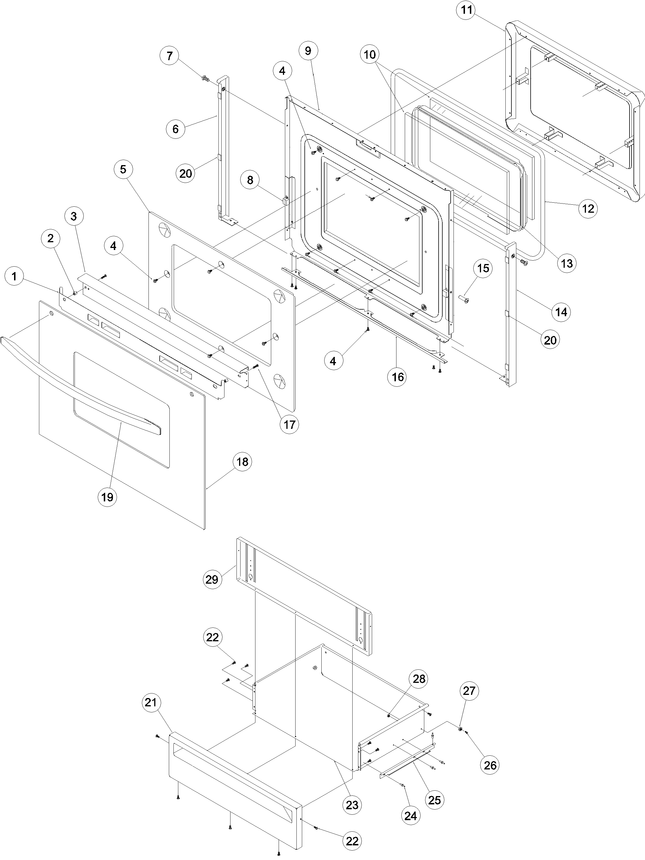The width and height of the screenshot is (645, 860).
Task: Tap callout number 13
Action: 567,263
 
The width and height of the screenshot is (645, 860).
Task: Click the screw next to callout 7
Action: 205,80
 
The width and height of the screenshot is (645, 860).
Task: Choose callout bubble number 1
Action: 14,277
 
